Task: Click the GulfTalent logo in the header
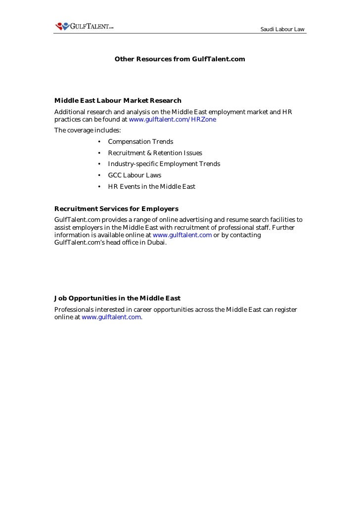point(84,26)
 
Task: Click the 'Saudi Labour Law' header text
point(282,30)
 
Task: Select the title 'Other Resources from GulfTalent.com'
point(180,59)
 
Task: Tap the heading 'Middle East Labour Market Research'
point(118,101)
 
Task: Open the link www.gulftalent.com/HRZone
point(172,120)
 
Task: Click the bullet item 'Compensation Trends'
point(140,142)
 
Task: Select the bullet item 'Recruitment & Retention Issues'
point(155,153)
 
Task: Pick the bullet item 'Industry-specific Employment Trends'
point(164,164)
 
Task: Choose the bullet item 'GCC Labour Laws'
point(135,175)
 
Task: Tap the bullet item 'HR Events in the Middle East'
point(151,187)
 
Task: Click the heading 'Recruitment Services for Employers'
point(116,209)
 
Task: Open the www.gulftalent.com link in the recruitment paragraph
point(182,235)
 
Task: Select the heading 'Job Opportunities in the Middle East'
point(117,298)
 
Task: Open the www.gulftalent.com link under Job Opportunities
point(111,317)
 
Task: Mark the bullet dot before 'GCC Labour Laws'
point(99,175)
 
